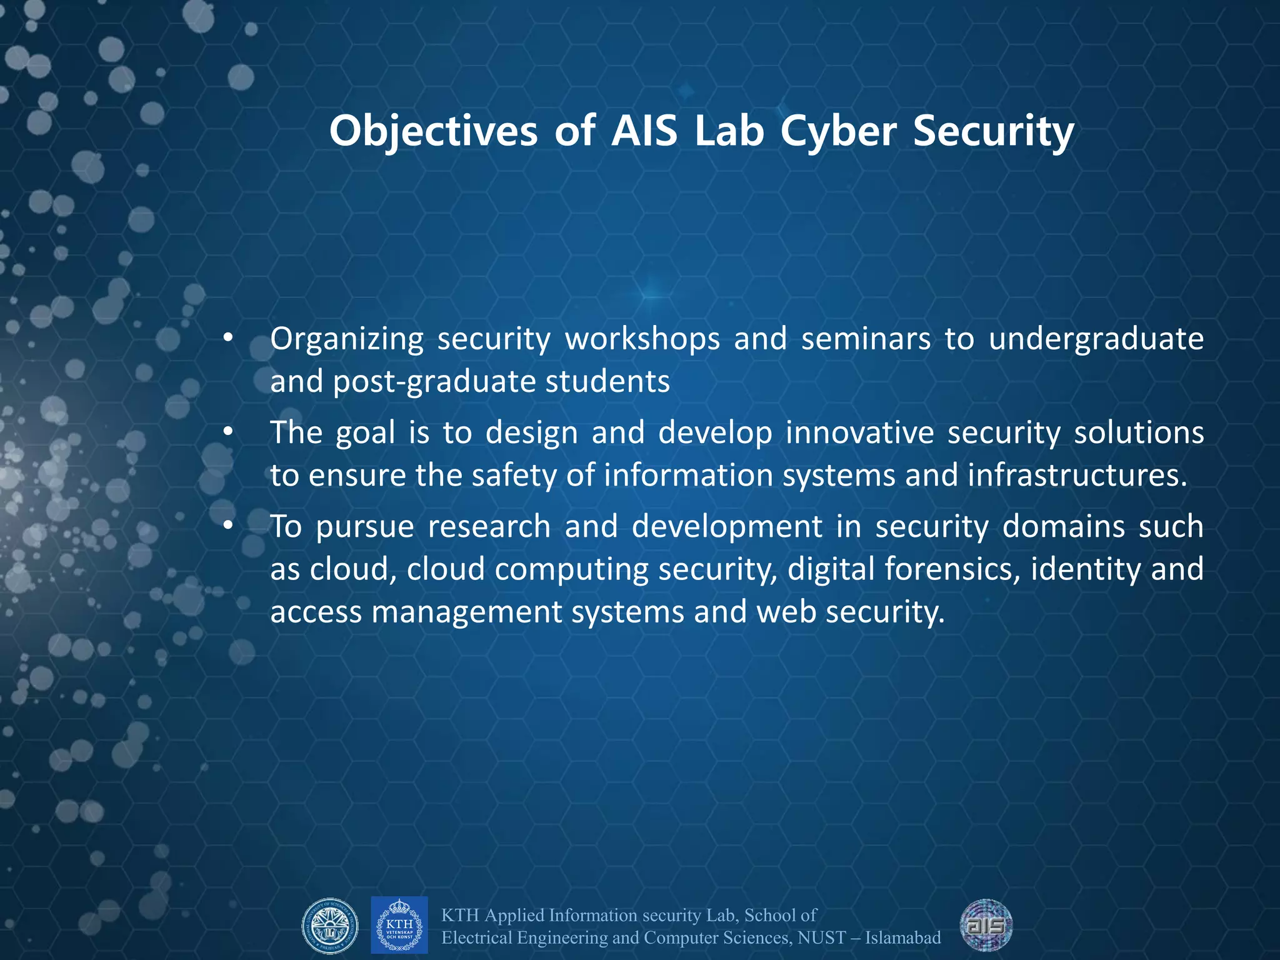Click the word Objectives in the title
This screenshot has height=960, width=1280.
[433, 132]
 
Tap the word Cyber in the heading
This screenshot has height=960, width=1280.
[839, 132]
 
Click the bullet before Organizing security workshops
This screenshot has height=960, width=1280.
[229, 339]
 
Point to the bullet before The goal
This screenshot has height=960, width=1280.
[229, 432]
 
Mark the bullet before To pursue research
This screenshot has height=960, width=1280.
[229, 526]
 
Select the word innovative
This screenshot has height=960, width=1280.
[859, 432]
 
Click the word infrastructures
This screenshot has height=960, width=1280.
[1077, 475]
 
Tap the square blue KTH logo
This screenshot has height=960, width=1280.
[399, 925]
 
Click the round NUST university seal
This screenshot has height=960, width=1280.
[330, 926]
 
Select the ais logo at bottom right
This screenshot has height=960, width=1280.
[986, 925]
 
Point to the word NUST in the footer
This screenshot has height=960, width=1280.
[821, 937]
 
